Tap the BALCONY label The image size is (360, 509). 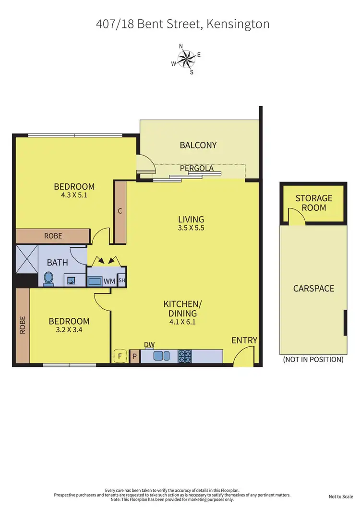point(198,145)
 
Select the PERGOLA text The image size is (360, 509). point(197,169)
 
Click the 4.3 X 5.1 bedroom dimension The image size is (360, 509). point(74,195)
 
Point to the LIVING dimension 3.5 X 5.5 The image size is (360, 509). point(191,228)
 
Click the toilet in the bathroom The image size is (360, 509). point(48,278)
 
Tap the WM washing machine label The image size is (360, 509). point(109,281)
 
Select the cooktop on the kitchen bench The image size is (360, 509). point(185,356)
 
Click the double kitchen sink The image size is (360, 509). point(162,356)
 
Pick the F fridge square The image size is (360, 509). point(118,356)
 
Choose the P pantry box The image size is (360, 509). point(134,356)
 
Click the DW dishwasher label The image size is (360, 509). point(149,345)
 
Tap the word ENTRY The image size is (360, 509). point(244,340)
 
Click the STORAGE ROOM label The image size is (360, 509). point(314,203)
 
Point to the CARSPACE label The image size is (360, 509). point(314,289)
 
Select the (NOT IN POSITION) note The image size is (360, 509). point(313,359)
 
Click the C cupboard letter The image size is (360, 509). point(120,210)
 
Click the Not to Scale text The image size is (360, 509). point(341,497)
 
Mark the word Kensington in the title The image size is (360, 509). point(236,24)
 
